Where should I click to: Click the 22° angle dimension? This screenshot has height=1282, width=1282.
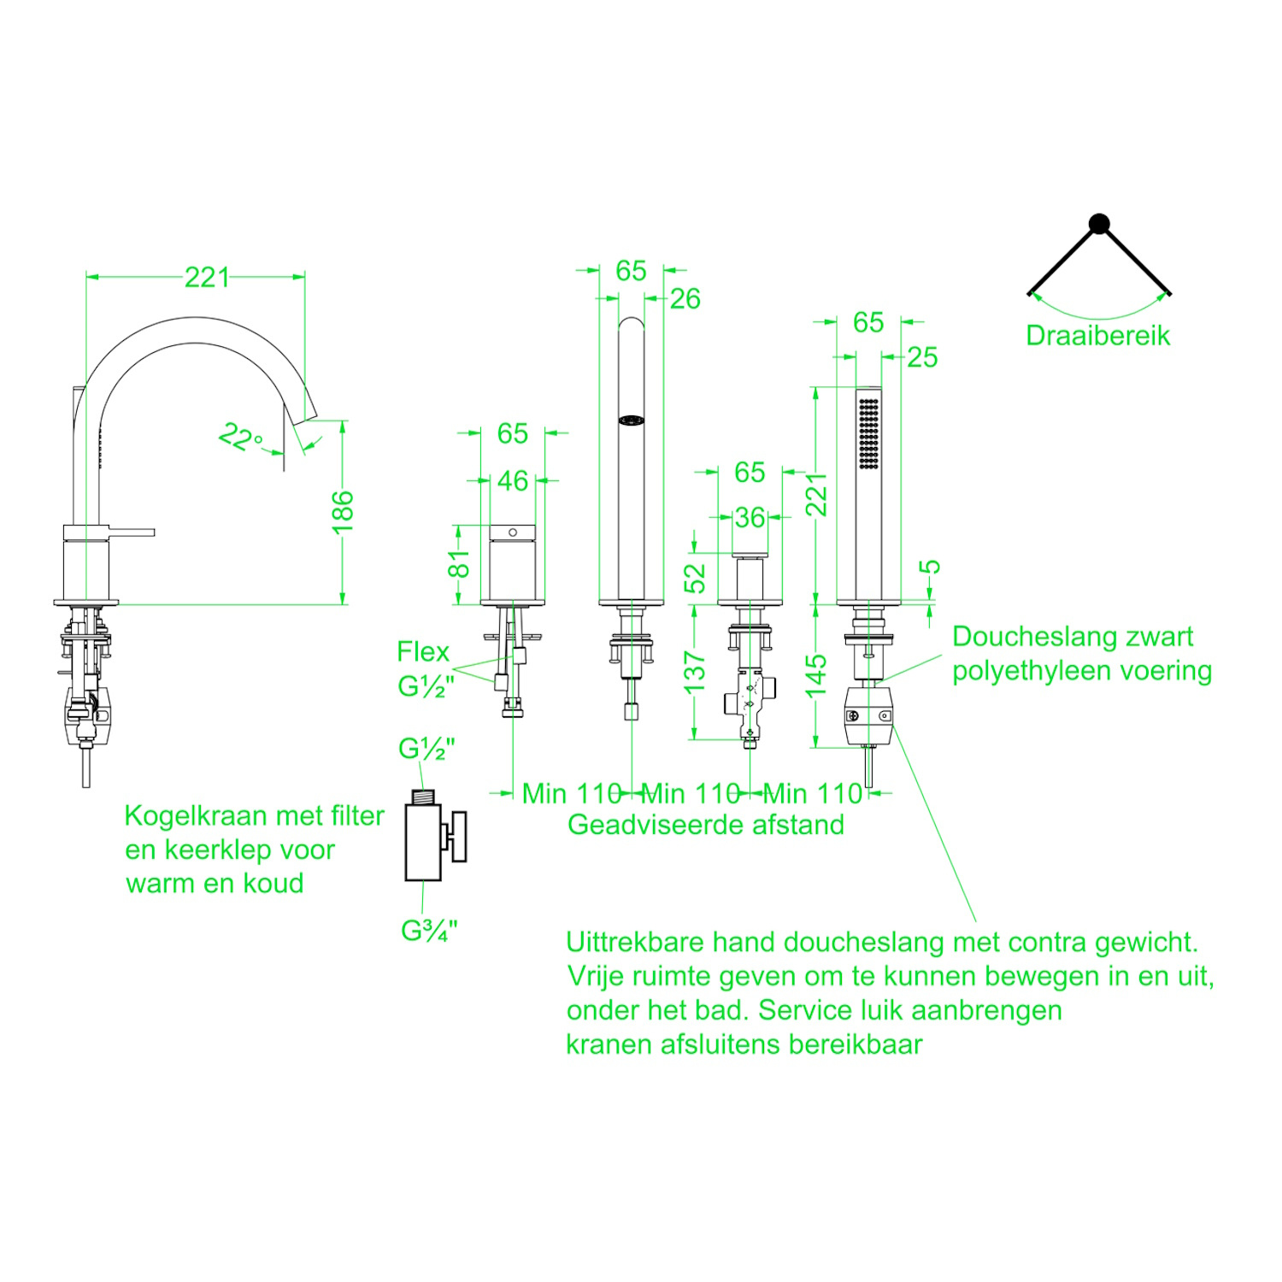(x=239, y=437)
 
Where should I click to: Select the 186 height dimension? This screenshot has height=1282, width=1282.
(x=342, y=512)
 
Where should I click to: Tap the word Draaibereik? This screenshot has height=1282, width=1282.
(x=1097, y=336)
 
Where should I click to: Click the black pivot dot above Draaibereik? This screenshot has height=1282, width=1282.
(x=1099, y=224)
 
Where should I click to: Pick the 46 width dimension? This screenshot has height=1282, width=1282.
(x=513, y=480)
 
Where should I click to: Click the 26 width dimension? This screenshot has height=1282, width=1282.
(x=685, y=299)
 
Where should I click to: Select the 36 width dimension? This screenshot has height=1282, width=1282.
(x=750, y=517)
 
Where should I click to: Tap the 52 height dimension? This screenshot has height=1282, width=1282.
(x=697, y=579)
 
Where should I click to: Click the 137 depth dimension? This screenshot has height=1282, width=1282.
(x=695, y=672)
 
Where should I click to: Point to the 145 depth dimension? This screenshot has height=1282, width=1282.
(x=816, y=675)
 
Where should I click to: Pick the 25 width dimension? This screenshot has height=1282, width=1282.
(x=922, y=357)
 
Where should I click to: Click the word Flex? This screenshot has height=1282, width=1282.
(x=422, y=652)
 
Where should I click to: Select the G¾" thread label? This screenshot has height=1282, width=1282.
(x=429, y=931)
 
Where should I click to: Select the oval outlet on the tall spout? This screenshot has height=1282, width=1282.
(x=632, y=420)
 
